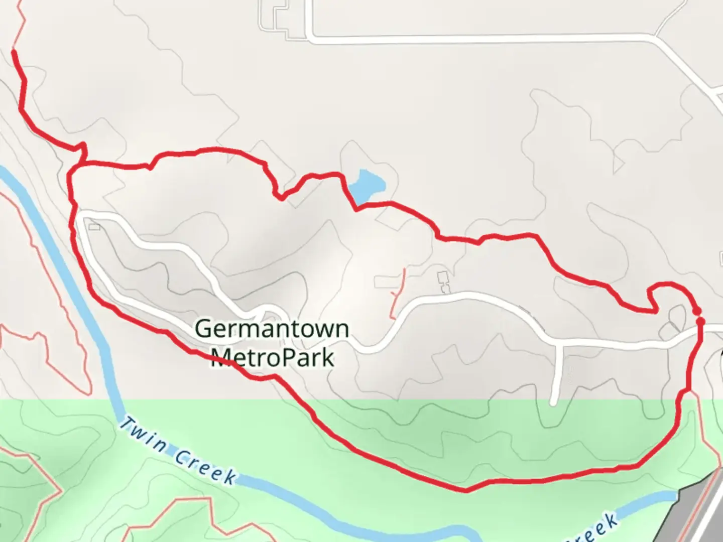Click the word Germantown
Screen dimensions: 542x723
click(x=272, y=329)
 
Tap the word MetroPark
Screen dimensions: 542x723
click(x=272, y=357)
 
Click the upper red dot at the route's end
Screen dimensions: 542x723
click(x=696, y=312)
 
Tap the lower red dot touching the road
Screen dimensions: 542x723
click(x=701, y=321)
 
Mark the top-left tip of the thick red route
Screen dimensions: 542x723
click(x=13, y=51)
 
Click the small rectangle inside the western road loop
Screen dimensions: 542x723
click(x=94, y=227)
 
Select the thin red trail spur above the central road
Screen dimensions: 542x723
click(x=398, y=294)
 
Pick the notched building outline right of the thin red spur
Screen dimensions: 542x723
click(x=443, y=283)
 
